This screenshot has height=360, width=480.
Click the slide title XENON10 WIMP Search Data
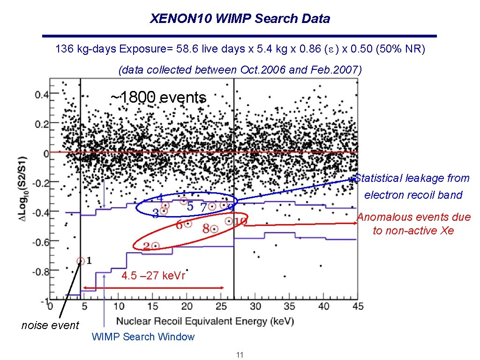click(x=240, y=19)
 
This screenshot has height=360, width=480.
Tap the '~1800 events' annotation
click(x=158, y=97)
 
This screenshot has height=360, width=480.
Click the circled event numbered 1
click(x=81, y=261)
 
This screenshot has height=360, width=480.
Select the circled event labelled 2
click(x=155, y=246)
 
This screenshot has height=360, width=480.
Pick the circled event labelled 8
click(x=214, y=229)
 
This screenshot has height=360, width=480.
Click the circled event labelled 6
click(x=187, y=224)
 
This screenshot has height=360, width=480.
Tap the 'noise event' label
click(x=50, y=325)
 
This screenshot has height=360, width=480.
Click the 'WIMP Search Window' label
click(x=143, y=337)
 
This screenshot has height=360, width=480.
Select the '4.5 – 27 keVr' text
click(x=153, y=276)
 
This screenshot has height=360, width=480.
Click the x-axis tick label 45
click(x=358, y=306)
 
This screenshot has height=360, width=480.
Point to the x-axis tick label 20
click(x=187, y=306)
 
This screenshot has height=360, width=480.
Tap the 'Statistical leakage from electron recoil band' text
click(x=412, y=187)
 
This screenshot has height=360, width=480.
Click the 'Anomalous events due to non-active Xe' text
click(x=413, y=224)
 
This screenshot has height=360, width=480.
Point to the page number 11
click(x=240, y=355)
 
